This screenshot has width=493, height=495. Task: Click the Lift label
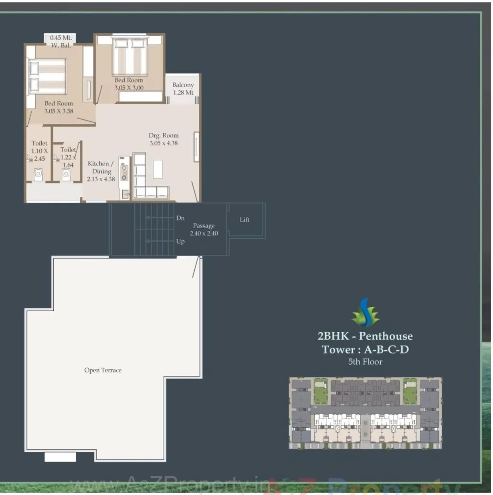244,219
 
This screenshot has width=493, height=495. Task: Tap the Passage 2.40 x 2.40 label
204,229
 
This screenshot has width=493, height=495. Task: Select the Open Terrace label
103,370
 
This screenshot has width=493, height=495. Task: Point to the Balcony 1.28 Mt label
183,89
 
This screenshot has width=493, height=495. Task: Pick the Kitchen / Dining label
101,171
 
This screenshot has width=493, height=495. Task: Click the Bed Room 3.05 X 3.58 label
59,107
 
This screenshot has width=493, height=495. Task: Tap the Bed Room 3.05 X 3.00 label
129,84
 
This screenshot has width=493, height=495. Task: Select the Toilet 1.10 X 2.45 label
39,151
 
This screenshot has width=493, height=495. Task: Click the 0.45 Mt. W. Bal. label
61,42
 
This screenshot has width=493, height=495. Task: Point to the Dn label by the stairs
180,218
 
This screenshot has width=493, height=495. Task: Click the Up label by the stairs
180,241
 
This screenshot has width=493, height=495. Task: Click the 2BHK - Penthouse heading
365,336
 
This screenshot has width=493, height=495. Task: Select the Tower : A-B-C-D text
365,350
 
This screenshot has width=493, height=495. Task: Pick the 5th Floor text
365,362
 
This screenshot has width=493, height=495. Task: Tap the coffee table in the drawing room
158,169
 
